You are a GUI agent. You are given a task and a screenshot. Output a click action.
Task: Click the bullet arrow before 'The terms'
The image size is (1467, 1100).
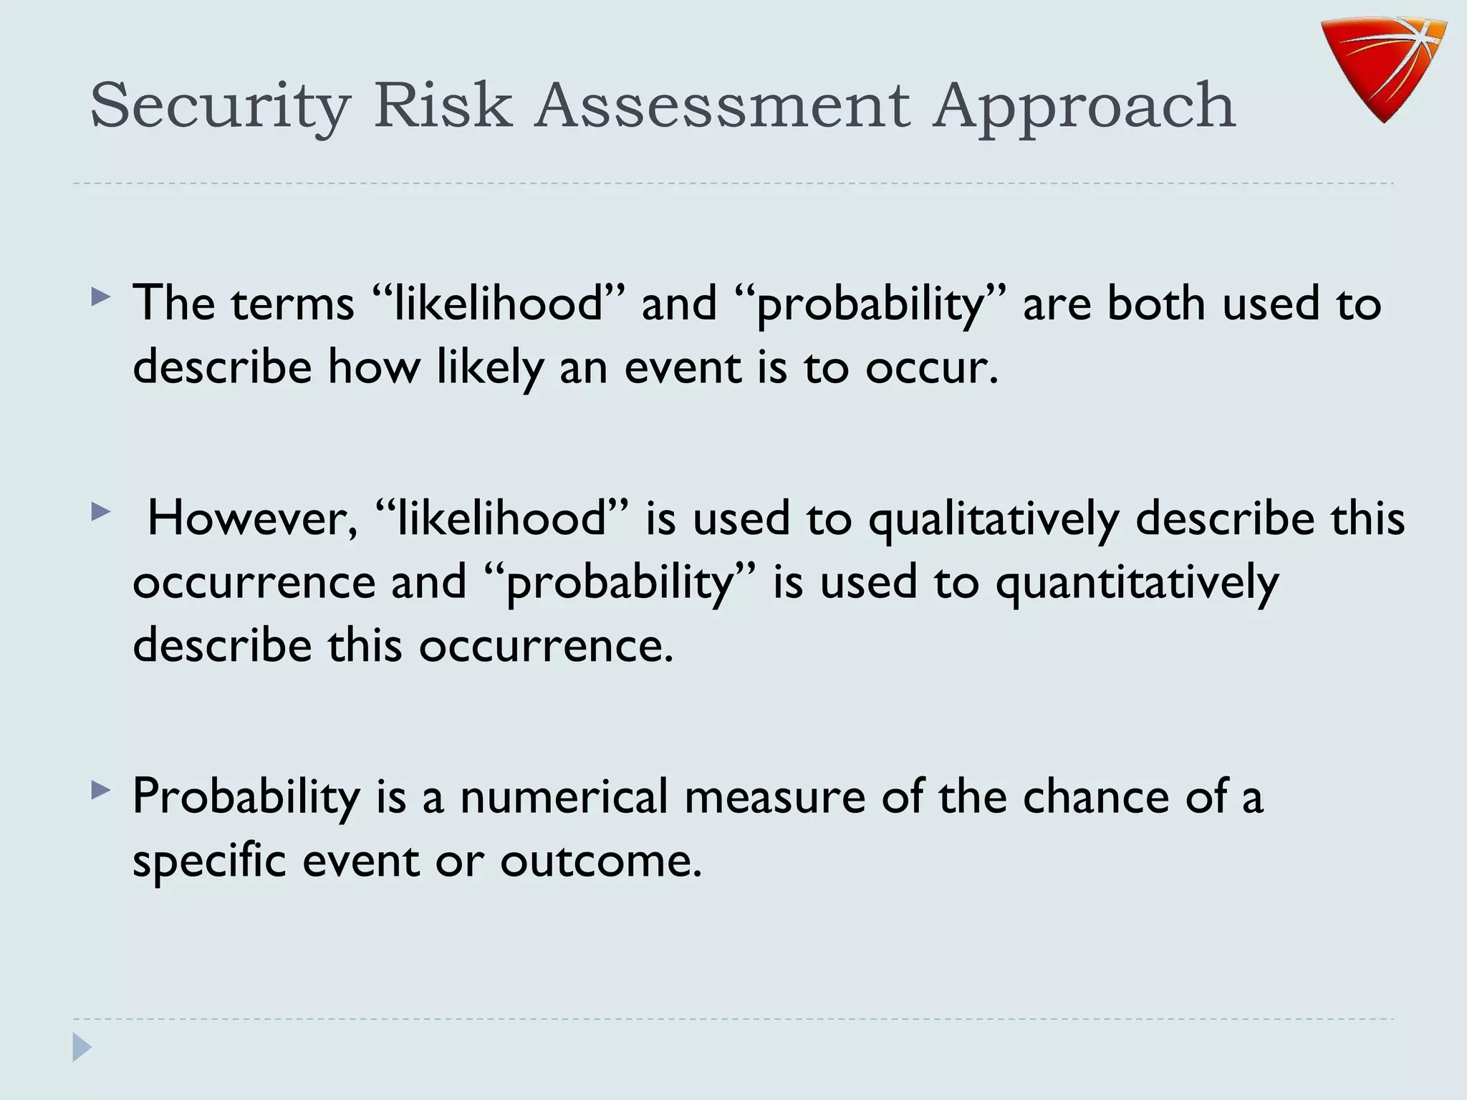coord(101,296)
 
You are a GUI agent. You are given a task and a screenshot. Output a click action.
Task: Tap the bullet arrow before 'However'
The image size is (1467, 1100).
coord(101,511)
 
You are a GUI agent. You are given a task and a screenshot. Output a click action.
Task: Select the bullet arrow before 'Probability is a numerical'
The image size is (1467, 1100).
coord(101,790)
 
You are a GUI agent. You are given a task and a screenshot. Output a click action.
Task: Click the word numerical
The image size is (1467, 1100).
coord(564,796)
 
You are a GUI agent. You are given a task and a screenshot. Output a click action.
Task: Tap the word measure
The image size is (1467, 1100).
coord(775,796)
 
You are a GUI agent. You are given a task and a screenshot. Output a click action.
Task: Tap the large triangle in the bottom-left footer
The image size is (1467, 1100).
coord(82,1047)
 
